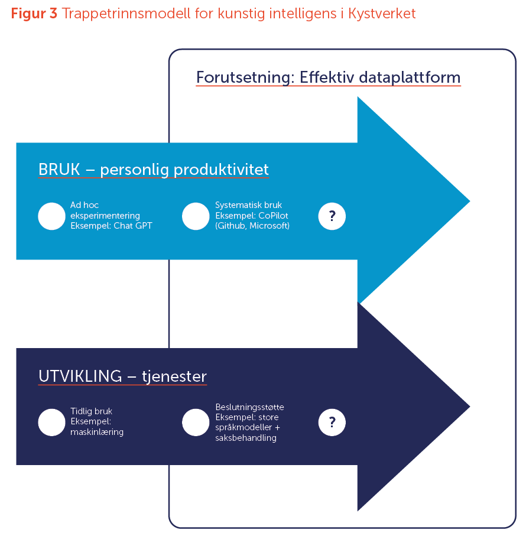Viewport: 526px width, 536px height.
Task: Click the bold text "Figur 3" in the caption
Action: pyautogui.click(x=34, y=14)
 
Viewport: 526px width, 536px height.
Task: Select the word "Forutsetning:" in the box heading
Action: pyautogui.click(x=245, y=77)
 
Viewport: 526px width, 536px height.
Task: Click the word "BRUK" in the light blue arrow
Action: pyautogui.click(x=59, y=170)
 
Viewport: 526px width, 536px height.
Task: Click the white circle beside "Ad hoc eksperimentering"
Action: pyautogui.click(x=51, y=216)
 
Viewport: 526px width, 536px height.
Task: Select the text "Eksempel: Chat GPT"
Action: pyautogui.click(x=111, y=226)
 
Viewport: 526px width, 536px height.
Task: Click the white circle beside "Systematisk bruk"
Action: pyautogui.click(x=196, y=216)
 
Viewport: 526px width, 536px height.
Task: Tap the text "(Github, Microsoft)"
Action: pyautogui.click(x=252, y=226)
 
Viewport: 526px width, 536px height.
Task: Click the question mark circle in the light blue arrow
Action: pyautogui.click(x=332, y=216)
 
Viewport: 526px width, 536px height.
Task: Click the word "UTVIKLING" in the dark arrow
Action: pyautogui.click(x=79, y=376)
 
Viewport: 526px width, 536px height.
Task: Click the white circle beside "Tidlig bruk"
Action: pyautogui.click(x=51, y=422)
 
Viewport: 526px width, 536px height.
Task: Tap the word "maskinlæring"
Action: pyautogui.click(x=97, y=432)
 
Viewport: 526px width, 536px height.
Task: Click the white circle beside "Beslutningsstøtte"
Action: pyautogui.click(x=196, y=422)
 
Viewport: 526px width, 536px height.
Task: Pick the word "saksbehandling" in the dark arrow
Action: pyautogui.click(x=246, y=438)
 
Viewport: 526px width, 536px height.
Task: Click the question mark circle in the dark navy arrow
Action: pyautogui.click(x=332, y=422)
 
